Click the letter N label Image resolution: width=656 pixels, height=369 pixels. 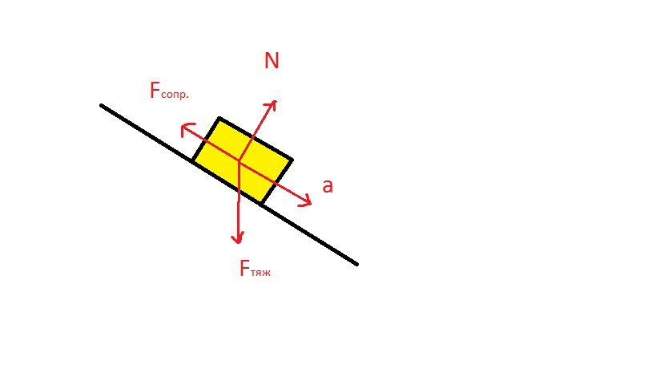coord(272,61)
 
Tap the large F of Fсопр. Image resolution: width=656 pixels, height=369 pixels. coord(155,90)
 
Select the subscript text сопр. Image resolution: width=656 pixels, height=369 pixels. coord(175,95)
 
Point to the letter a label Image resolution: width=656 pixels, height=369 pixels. coord(328,186)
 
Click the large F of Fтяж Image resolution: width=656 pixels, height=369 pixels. coord(244,268)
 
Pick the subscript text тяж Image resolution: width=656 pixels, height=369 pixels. coord(260,273)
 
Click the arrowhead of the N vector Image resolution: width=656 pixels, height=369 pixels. coord(272,105)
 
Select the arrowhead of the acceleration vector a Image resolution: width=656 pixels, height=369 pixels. coord(306,201)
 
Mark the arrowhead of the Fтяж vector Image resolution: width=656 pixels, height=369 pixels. coord(238,238)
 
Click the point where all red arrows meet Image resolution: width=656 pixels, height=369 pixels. coord(239,160)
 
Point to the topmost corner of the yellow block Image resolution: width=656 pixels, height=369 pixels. coord(219,119)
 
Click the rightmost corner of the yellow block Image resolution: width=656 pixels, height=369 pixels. coord(292,160)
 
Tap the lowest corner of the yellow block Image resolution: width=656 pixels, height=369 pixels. coord(261,204)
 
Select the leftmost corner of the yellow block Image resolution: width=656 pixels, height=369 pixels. coord(193,160)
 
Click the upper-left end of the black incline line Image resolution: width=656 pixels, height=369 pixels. coord(101,105)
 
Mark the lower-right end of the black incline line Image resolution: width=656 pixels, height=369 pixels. coord(357,264)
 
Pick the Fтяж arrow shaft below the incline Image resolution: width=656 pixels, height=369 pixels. coord(238,220)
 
